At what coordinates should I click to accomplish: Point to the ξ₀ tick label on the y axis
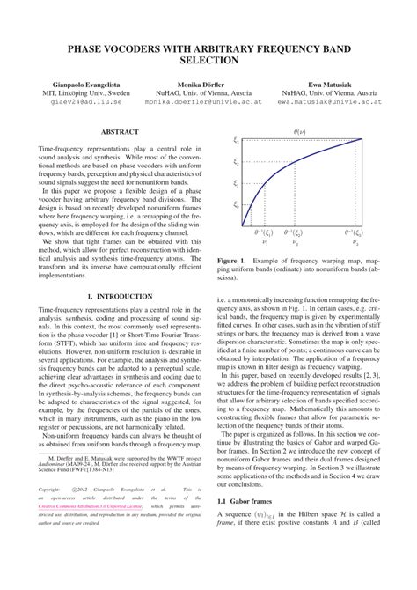pos(236,205)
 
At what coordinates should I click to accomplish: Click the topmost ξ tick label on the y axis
pos(236,141)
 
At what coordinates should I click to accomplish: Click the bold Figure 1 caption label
pos(230,262)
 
